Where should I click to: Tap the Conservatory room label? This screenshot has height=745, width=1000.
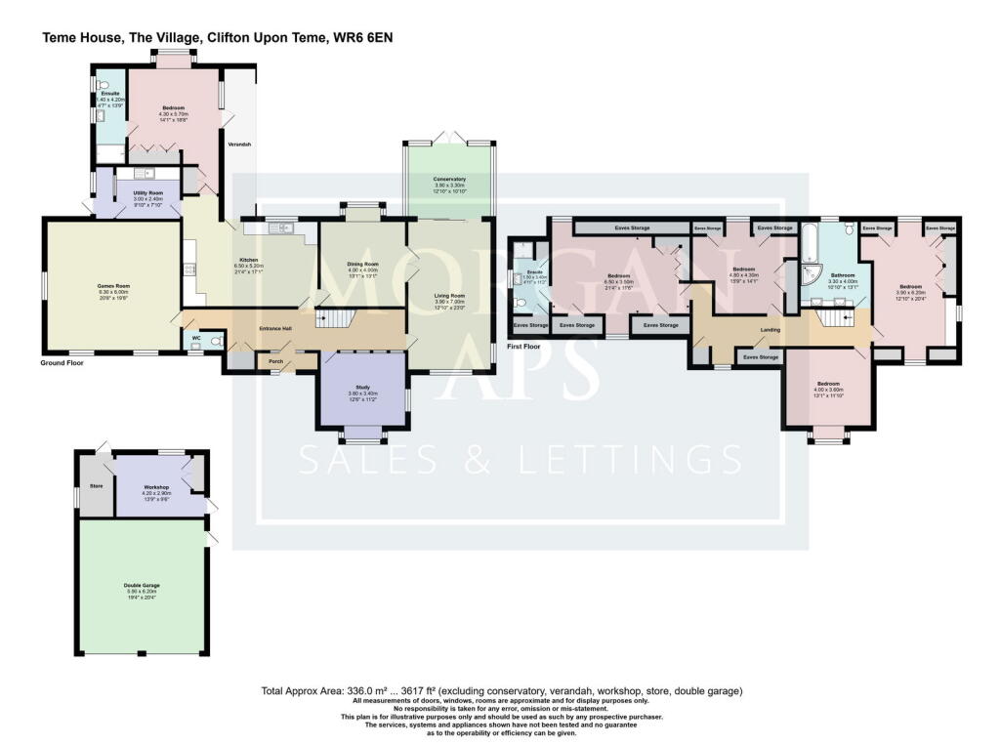(x=449, y=180)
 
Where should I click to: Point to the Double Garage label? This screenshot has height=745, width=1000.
(x=142, y=586)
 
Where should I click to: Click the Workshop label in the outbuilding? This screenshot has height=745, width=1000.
(x=157, y=486)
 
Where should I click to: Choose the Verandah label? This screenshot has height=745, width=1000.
(x=239, y=145)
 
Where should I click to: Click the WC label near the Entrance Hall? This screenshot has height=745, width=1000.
(x=196, y=338)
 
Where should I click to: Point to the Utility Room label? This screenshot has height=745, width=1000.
(x=148, y=193)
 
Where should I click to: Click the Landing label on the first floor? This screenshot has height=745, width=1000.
(x=771, y=330)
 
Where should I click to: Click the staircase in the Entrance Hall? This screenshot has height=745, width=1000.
(x=334, y=319)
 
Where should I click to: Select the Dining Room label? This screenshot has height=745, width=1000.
(x=362, y=265)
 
